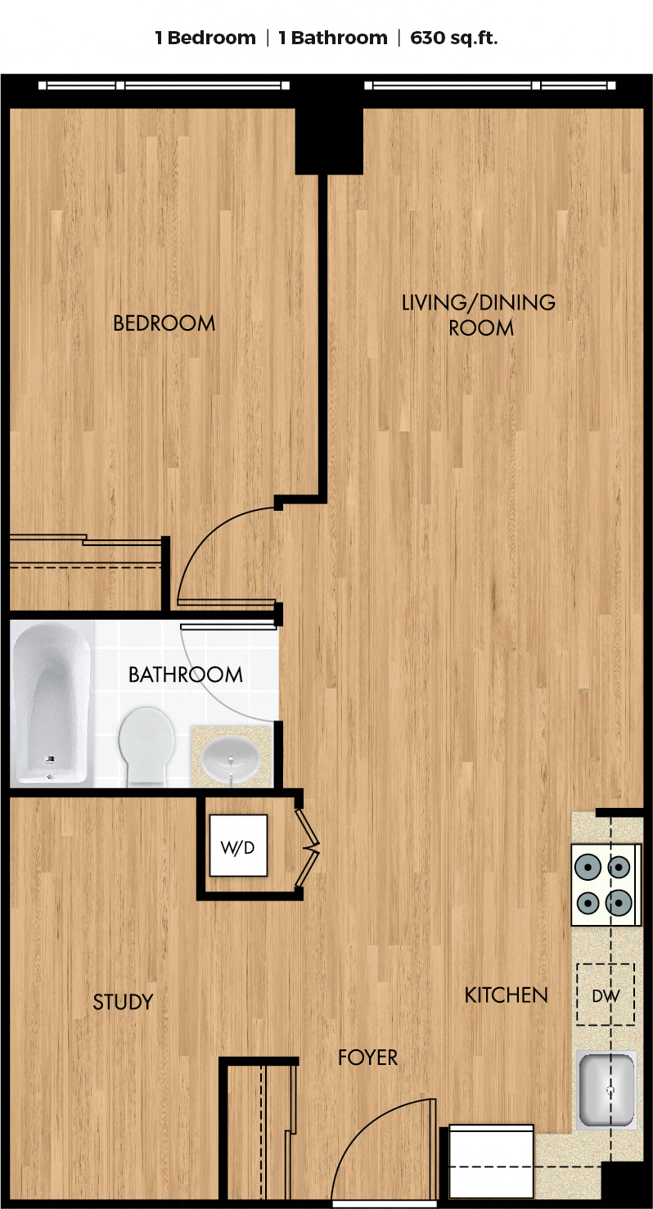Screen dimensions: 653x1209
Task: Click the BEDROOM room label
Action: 164,323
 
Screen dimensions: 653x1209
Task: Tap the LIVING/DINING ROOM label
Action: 479,314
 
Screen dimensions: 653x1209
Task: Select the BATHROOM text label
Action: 186,674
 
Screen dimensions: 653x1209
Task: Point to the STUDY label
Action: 123,1002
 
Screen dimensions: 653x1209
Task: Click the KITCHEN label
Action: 507,995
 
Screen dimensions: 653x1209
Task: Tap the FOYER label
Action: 367,1058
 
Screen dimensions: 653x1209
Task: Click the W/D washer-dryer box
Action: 238,846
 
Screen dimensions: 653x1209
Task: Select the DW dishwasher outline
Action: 606,995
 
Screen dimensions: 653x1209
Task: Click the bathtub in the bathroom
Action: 52,703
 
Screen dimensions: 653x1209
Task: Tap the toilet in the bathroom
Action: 146,747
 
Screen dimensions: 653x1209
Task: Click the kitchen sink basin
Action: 606,1089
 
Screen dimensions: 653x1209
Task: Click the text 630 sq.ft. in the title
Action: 454,38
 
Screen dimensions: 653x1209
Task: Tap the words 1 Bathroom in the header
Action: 333,38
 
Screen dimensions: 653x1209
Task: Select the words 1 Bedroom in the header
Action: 205,38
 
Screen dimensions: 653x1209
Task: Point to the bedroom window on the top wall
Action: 164,85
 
